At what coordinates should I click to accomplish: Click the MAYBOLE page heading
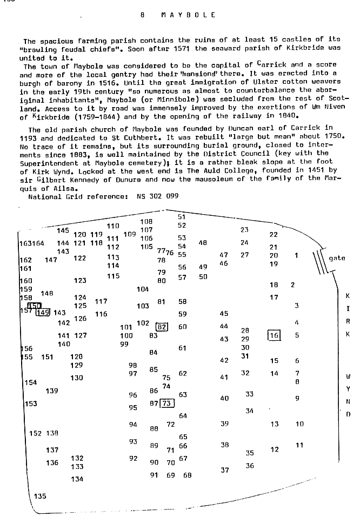click(188, 15)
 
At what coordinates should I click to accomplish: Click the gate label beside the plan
click(337, 258)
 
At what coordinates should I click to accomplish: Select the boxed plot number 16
click(275, 335)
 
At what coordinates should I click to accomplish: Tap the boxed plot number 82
click(162, 327)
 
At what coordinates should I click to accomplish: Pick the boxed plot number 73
click(167, 403)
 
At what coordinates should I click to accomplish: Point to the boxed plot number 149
click(43, 312)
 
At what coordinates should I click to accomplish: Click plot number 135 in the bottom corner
click(40, 496)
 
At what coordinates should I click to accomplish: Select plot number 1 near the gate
click(296, 255)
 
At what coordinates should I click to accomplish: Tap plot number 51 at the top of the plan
click(182, 217)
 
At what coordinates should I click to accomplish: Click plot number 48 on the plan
click(203, 243)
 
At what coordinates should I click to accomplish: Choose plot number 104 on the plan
click(143, 289)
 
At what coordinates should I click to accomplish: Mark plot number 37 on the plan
click(225, 470)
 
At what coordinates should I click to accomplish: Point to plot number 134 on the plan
click(77, 479)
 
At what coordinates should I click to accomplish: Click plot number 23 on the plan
click(244, 230)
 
